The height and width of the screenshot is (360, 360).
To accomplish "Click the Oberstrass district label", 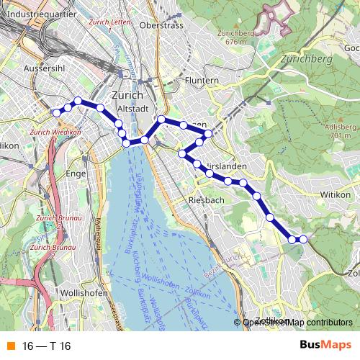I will point(163,25).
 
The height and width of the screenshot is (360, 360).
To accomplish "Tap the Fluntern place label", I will point(201,81).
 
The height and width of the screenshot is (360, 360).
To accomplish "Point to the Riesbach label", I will point(207,199).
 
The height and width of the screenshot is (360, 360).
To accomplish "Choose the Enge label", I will point(96,174).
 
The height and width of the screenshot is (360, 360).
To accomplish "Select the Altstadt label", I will point(132,109).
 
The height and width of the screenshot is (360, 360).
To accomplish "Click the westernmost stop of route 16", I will point(55,112).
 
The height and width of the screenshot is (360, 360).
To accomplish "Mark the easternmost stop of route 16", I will point(303,239).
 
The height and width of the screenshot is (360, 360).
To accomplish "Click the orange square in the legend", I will point(9,347).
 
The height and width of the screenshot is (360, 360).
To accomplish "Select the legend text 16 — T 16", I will point(46,347).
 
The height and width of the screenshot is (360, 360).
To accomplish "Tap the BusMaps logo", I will point(325,346).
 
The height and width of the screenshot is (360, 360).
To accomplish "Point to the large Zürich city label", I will point(129,96).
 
